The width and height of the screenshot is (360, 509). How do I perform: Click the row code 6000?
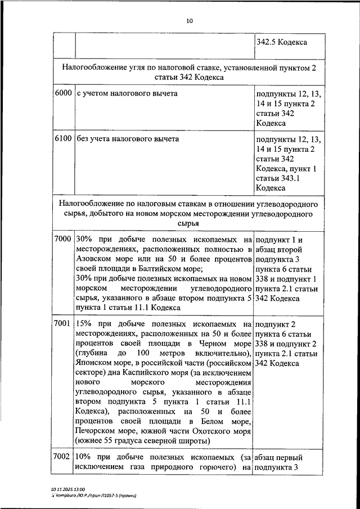tap(64, 93)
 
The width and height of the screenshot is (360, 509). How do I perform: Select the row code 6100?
tap(64, 138)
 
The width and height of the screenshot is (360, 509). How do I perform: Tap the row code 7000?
tap(64, 239)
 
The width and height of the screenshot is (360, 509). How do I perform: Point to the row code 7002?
tap(64, 457)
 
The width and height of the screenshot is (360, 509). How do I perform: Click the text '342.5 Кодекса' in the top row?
tap(281, 42)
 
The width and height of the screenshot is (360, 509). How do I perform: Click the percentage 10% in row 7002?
tap(83, 457)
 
